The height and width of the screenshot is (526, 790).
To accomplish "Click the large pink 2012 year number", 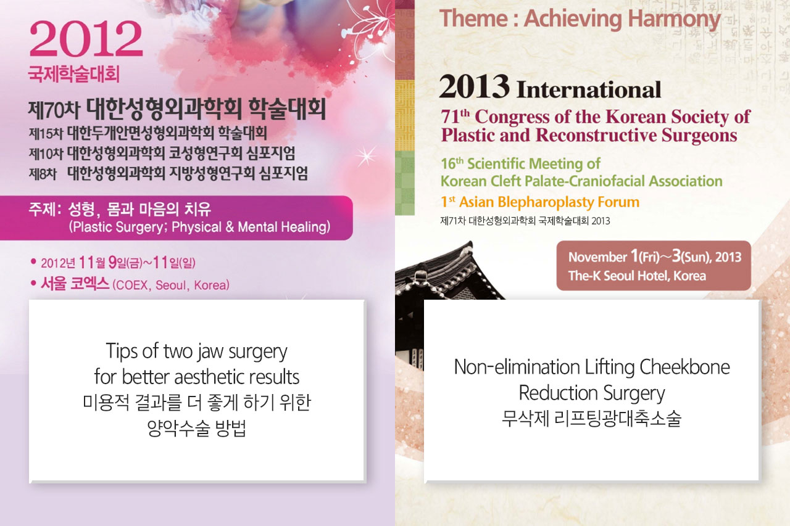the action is click(x=86, y=38).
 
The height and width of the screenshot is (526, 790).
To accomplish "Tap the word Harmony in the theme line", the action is click(x=675, y=20).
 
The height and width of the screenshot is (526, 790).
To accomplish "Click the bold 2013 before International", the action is click(x=475, y=87).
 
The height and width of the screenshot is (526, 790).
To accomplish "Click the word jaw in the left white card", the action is click(x=210, y=352).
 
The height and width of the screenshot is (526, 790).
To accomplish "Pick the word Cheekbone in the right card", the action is click(x=684, y=367).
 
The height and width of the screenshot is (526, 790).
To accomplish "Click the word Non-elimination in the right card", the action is click(x=517, y=367).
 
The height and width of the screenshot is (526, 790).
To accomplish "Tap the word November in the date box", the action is click(x=597, y=258).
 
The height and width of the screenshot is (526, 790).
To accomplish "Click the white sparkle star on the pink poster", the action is click(x=366, y=156).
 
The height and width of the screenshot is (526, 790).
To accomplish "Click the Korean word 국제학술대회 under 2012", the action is click(x=73, y=74).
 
